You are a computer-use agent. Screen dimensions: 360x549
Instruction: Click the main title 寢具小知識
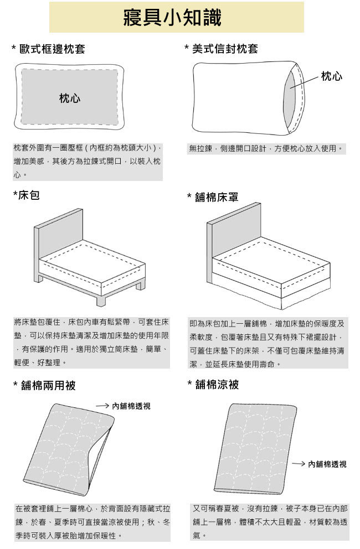tap(172, 18)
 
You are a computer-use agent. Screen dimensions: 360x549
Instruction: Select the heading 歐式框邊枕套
tap(52, 49)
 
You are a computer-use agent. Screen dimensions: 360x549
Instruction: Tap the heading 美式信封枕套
tap(225, 48)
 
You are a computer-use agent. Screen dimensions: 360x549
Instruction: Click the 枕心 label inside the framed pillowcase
tap(70, 98)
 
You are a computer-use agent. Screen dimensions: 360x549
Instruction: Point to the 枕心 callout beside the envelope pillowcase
tap(332, 76)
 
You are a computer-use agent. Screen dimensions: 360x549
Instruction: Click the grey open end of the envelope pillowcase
tap(290, 98)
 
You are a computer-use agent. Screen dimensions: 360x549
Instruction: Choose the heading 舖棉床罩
tap(217, 197)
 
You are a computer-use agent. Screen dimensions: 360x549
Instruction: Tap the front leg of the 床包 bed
tap(101, 301)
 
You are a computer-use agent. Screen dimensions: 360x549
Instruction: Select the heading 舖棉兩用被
tap(48, 386)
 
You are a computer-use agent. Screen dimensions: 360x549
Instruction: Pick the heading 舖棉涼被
tap(217, 385)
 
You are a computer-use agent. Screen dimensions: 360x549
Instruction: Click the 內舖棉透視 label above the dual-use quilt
tap(131, 406)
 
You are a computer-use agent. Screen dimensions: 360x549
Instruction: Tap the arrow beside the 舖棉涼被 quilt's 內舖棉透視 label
tap(299, 464)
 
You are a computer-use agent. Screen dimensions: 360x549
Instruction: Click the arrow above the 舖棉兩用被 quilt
tap(102, 406)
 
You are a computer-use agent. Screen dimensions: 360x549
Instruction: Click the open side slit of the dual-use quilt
tap(99, 455)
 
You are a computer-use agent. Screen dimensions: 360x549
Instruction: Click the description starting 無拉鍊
tap(266, 148)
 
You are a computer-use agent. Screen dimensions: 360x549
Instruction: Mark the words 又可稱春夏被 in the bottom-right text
tap(215, 508)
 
